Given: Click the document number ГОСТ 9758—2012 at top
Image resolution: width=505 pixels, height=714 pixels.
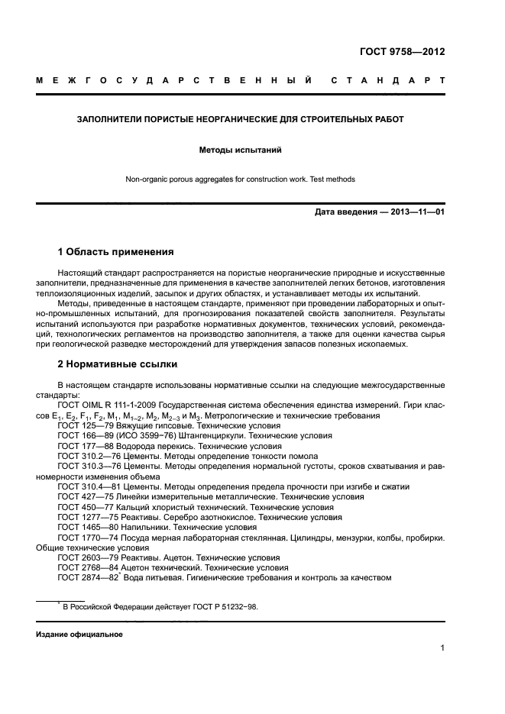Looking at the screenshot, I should tap(402, 52).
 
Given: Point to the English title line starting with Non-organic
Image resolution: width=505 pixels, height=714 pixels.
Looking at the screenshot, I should tap(240, 179).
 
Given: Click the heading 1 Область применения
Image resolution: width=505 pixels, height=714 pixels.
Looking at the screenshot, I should tap(116, 251).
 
